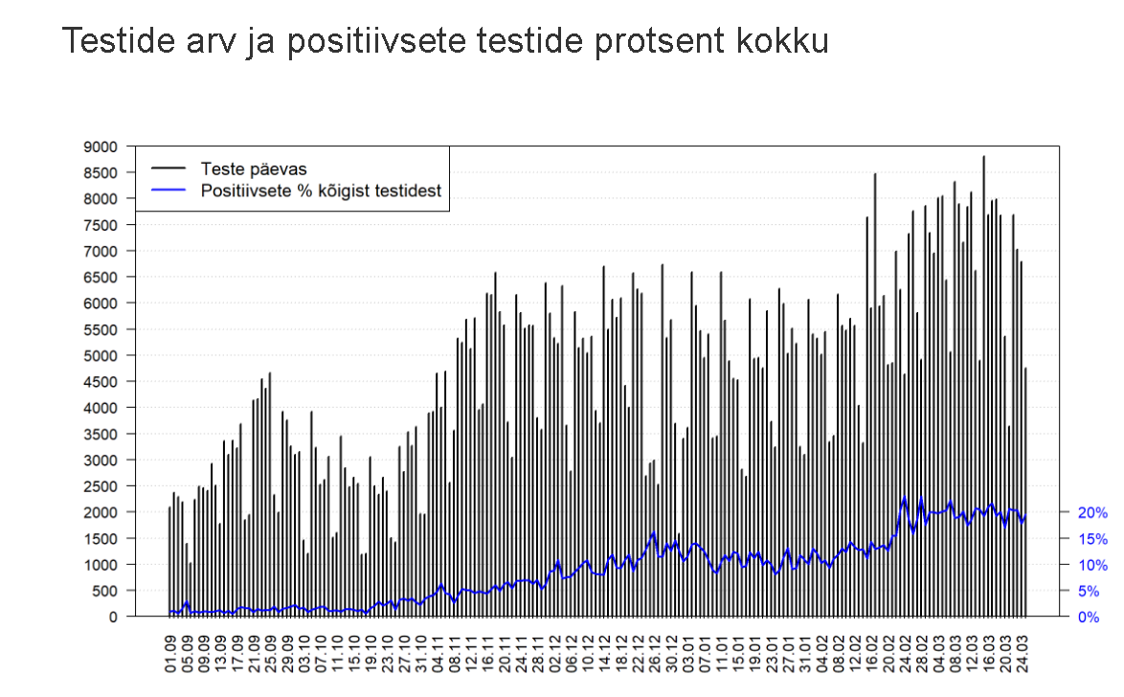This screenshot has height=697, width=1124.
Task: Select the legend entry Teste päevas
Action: (253, 169)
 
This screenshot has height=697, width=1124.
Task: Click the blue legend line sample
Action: (168, 191)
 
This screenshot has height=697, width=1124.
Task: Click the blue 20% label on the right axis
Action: (1093, 512)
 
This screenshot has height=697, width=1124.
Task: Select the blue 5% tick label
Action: (1090, 591)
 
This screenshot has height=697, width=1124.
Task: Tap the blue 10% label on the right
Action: (1093, 565)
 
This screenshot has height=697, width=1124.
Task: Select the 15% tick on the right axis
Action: (1093, 538)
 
